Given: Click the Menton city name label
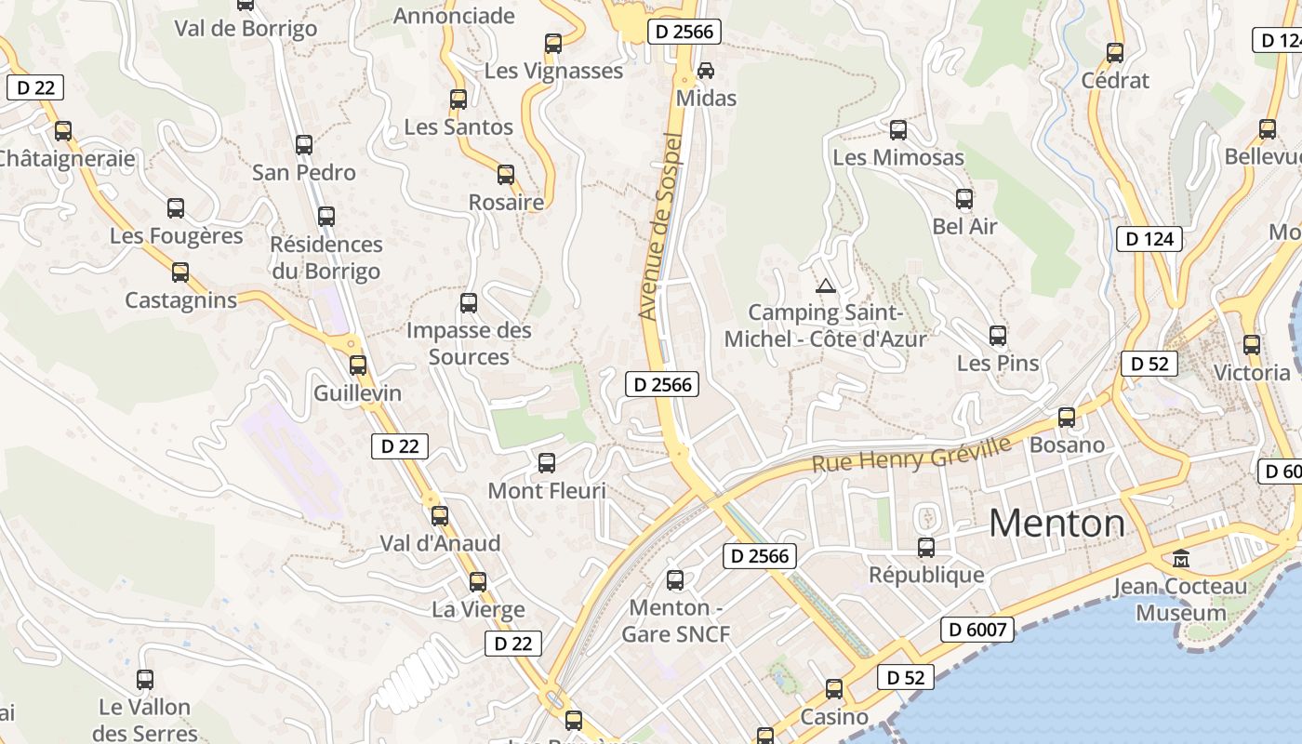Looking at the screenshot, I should (1056, 524).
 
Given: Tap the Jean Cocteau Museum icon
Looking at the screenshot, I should (1181, 559).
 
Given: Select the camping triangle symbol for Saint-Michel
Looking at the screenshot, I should (825, 286).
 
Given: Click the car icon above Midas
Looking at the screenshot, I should (706, 70).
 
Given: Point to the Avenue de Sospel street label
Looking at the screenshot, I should (661, 228).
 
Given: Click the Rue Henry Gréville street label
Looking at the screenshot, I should (911, 454).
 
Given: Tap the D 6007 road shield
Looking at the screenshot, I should (978, 630).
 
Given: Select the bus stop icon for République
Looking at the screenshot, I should (926, 548).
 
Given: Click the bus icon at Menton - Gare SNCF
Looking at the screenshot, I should (675, 580).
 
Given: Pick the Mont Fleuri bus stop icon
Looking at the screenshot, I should (547, 462).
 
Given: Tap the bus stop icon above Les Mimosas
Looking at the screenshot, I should (898, 130).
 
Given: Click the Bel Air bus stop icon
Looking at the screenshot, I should (964, 199).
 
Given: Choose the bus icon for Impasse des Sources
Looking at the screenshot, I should (469, 303).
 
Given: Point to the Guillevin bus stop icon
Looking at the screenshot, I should (358, 365).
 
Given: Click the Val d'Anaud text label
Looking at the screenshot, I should (440, 543).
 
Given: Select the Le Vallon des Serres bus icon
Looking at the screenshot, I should (145, 680).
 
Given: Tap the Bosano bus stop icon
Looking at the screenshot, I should (1067, 418).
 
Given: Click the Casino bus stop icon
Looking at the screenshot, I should (834, 689).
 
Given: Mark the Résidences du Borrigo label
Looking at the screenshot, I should (326, 258).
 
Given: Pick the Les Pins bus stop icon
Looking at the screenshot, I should (998, 335).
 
